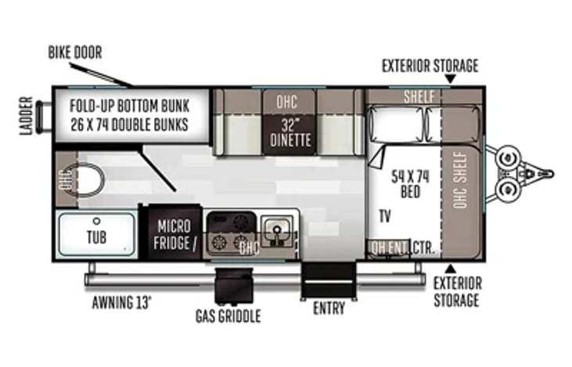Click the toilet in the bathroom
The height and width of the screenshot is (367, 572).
point(85,180)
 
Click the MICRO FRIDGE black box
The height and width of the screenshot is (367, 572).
point(171,232)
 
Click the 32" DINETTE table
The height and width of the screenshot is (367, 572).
point(286,133)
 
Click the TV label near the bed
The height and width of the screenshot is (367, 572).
point(385,215)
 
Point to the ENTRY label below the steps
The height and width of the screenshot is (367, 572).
point(329,308)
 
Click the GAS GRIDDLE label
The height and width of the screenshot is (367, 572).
point(228,316)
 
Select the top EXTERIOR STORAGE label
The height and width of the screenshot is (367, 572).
point(430,66)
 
